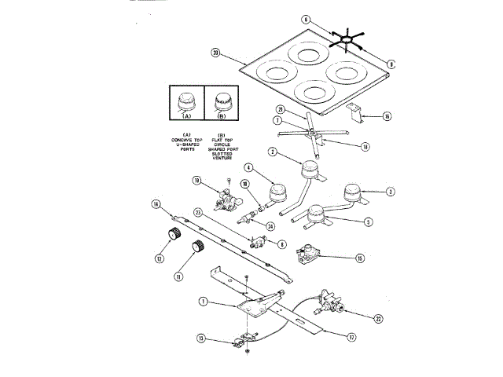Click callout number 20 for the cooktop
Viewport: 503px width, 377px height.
pyautogui.click(x=215, y=53)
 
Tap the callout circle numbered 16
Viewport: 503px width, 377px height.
pyautogui.click(x=386, y=115)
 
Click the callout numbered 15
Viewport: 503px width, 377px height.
pyautogui.click(x=360, y=258)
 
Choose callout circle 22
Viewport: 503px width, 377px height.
pyautogui.click(x=379, y=318)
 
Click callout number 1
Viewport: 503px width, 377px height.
pyautogui.click(x=202, y=301)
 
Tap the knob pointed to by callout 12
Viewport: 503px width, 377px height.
pyautogui.click(x=169, y=235)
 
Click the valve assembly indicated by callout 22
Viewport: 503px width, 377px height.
pyautogui.click(x=330, y=303)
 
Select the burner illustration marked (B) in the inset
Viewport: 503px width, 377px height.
pyautogui.click(x=221, y=102)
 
